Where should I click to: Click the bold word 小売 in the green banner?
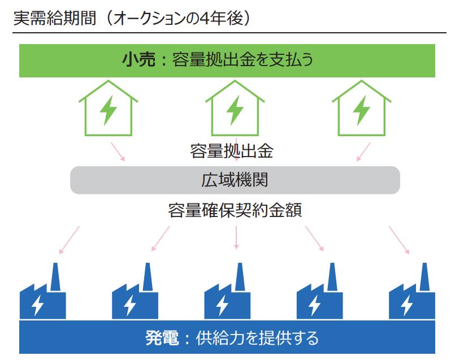pos(138,59)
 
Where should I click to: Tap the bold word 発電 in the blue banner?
pos(162,337)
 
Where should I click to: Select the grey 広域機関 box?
pos(235,180)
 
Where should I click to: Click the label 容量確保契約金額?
pos(235,210)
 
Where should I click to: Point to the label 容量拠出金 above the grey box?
pos(232,151)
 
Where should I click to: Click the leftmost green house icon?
pos(108,108)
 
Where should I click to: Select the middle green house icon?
pos(235,108)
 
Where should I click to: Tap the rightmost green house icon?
pos(362,108)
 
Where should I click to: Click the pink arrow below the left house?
pos(118,151)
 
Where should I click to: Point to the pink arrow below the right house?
pos(363,151)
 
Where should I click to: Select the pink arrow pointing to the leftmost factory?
pos(69,240)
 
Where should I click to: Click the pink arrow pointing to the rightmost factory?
pos(399,240)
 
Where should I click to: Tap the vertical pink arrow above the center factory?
pos(236,237)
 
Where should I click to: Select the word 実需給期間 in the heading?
pos(55,18)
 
